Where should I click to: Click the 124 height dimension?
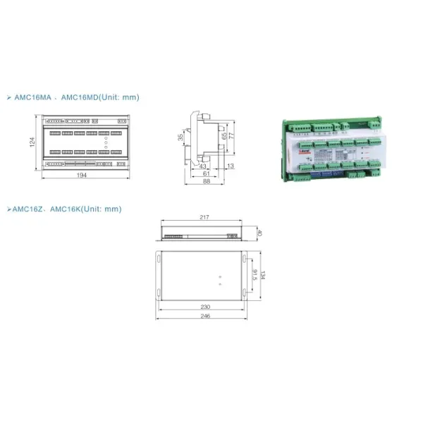pyautogui.click(x=32, y=143)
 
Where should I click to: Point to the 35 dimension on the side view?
pyautogui.click(x=180, y=138)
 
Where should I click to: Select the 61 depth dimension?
pyautogui.click(x=207, y=173)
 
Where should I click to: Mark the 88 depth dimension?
pyautogui.click(x=207, y=181)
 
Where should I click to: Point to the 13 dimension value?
pyautogui.click(x=231, y=166)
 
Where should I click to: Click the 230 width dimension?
pyautogui.click(x=204, y=307)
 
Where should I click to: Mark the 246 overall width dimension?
pyautogui.click(x=204, y=317)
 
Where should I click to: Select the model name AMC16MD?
pyautogui.click(x=82, y=98)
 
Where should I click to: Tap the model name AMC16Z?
pyautogui.click(x=27, y=209)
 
